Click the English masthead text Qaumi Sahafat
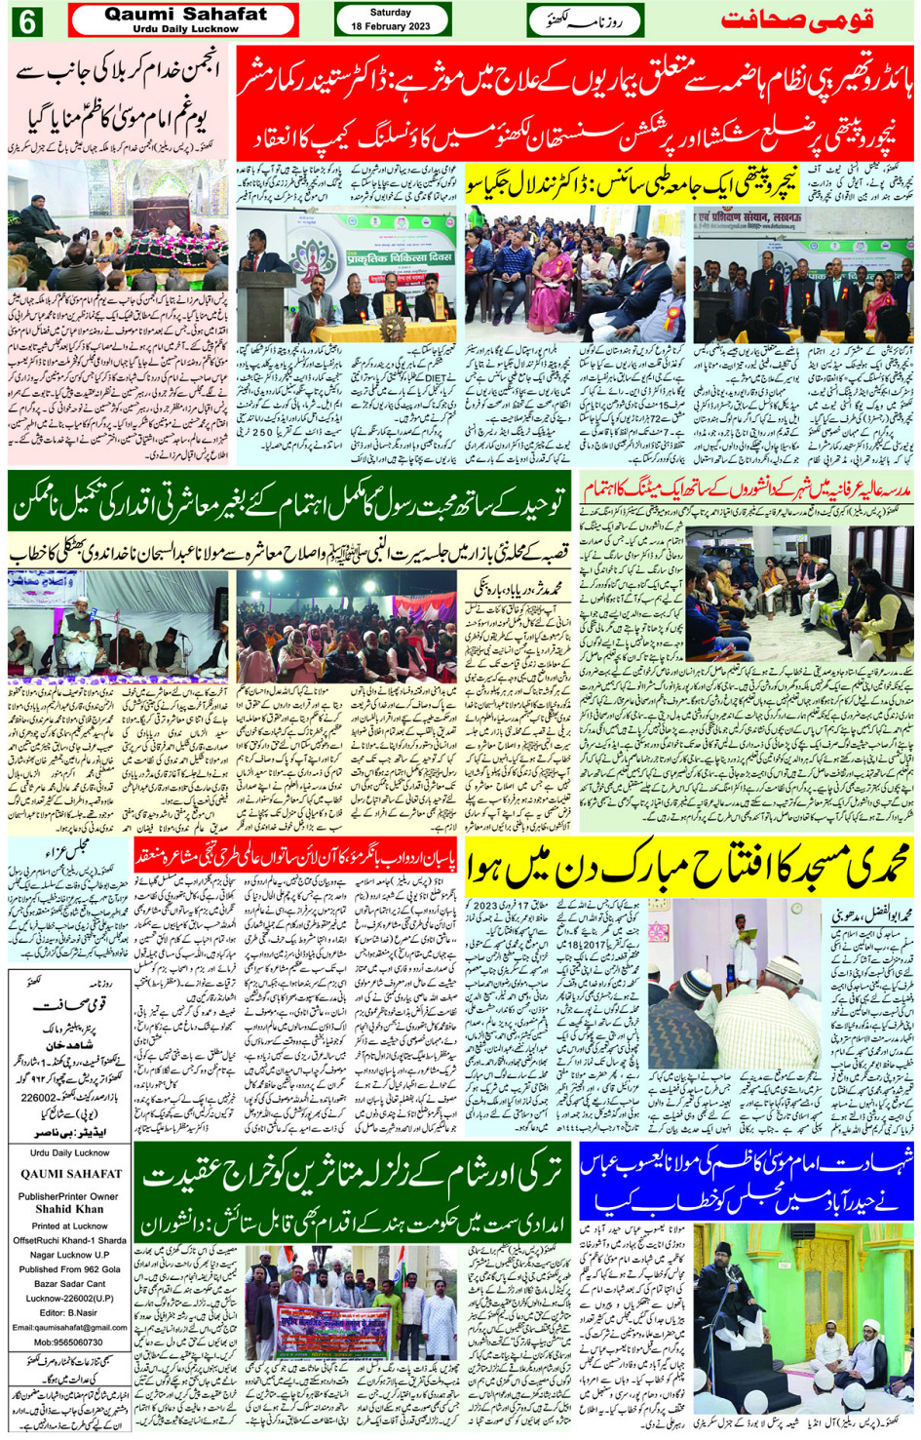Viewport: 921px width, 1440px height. click(185, 15)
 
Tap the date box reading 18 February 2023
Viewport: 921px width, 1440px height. click(392, 19)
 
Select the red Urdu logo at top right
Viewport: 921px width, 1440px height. click(796, 20)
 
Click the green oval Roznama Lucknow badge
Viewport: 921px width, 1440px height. click(585, 20)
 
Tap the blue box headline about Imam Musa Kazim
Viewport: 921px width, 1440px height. click(747, 1174)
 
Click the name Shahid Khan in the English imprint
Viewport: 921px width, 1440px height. click(68, 1209)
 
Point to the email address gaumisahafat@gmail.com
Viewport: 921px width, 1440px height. click(69, 1327)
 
